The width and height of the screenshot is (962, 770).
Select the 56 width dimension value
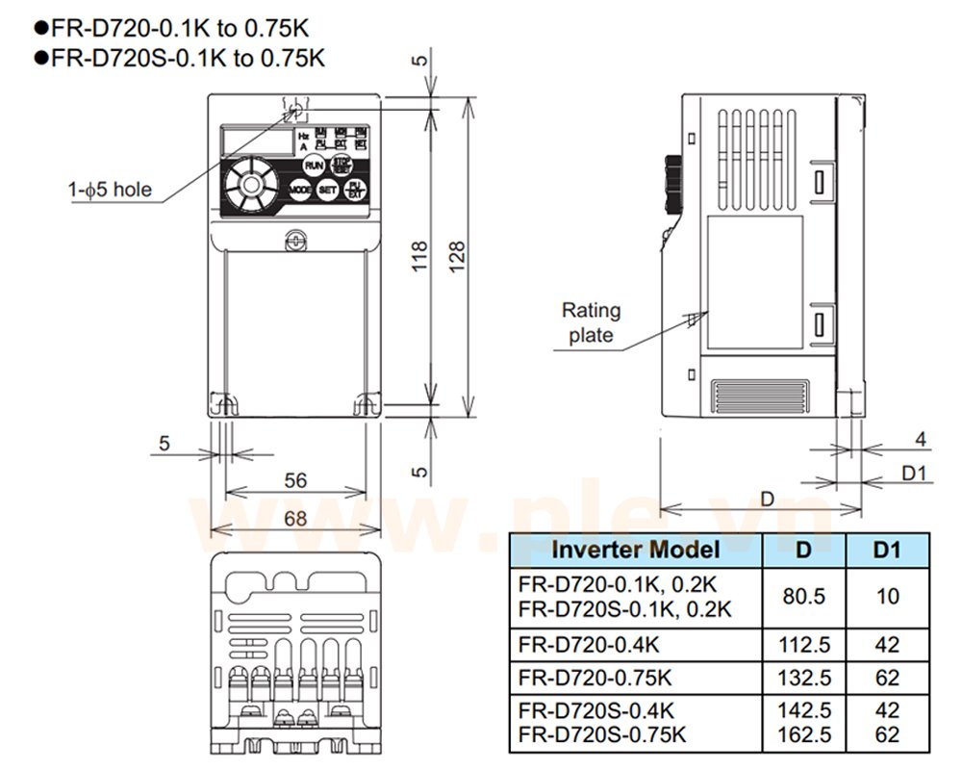(295, 480)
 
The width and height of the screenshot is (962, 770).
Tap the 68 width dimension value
(295, 518)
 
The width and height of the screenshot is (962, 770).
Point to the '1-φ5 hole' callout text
(109, 190)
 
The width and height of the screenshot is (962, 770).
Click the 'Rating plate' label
(592, 322)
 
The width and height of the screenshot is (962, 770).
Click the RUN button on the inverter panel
(314, 166)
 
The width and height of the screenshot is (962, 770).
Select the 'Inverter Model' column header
(635, 550)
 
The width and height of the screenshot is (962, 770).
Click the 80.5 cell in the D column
(804, 597)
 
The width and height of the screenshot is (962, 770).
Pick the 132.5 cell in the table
(804, 678)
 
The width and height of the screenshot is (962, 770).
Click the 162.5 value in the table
(804, 734)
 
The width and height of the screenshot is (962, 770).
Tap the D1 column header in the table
(888, 550)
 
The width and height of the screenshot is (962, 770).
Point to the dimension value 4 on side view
(920, 440)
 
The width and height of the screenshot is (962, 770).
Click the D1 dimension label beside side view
(914, 473)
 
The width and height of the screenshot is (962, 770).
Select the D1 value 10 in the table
(888, 597)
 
